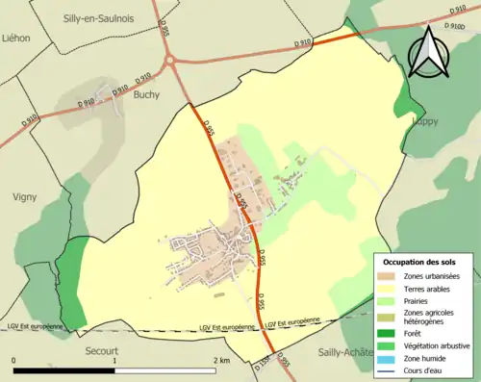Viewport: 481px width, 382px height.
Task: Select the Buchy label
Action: (x=147, y=95)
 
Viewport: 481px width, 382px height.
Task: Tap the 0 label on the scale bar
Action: (x=14, y=361)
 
